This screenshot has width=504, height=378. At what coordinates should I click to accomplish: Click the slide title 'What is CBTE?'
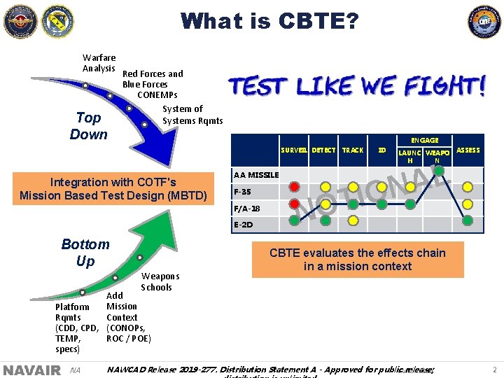click(x=269, y=21)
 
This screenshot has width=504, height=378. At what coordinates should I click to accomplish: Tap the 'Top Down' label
click(x=89, y=126)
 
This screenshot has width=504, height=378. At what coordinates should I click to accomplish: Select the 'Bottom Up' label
click(x=85, y=253)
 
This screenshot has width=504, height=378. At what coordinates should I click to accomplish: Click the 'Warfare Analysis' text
click(x=99, y=63)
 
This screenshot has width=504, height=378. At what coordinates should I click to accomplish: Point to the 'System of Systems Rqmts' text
click(x=192, y=115)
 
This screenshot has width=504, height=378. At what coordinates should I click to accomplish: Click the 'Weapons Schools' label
click(x=160, y=282)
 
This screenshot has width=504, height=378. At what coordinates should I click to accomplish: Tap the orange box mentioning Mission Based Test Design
click(x=113, y=189)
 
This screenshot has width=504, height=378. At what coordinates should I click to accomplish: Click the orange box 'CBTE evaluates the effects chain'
click(x=358, y=260)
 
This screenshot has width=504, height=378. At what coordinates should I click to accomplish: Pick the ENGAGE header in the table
click(x=425, y=141)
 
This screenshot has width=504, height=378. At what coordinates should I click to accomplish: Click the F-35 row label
click(x=243, y=191)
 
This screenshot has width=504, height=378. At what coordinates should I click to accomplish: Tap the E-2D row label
click(x=243, y=225)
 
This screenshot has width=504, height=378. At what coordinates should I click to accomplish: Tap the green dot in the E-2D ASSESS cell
click(x=467, y=222)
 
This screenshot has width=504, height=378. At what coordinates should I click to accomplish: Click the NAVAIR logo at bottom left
click(x=31, y=370)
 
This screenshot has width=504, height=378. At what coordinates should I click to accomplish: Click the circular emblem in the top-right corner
click(x=484, y=22)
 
